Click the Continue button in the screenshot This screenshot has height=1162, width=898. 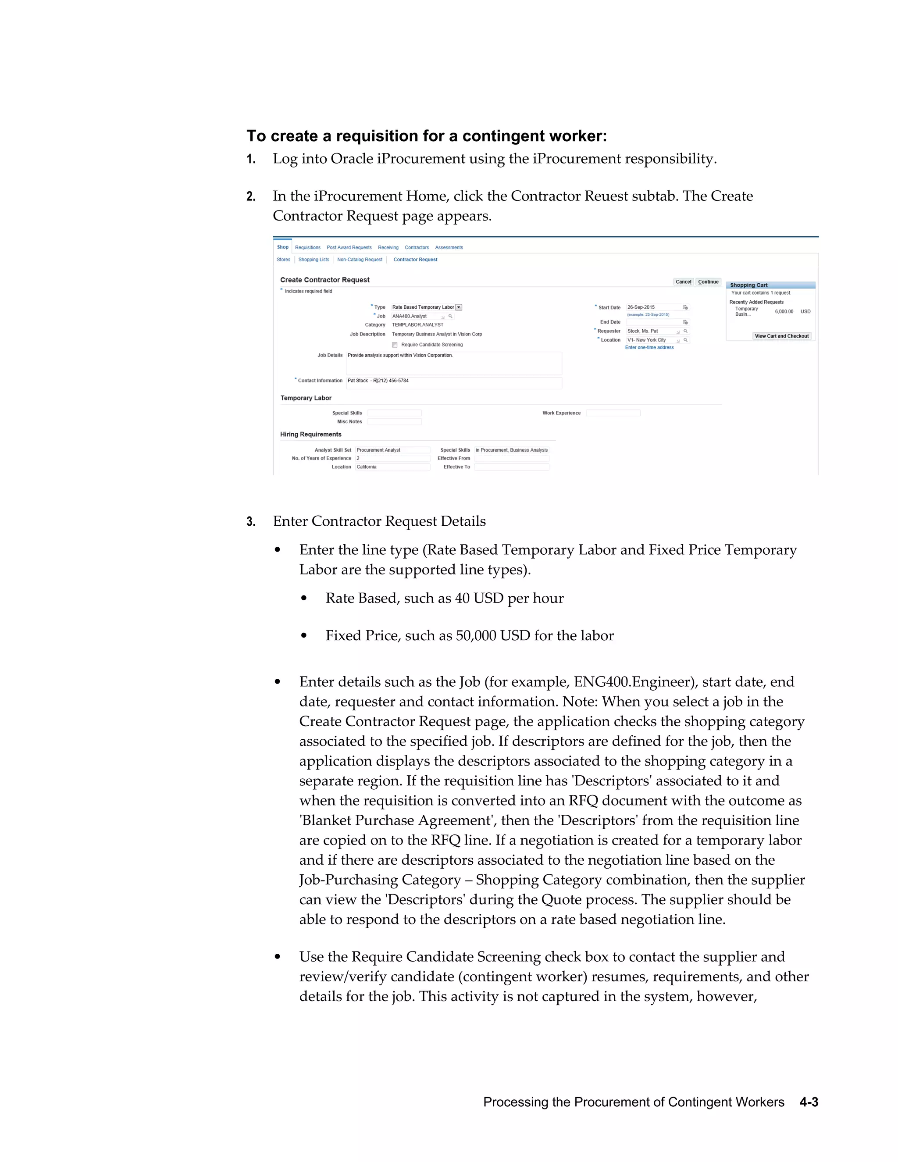tap(708, 282)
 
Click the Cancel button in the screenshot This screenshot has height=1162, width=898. tap(683, 282)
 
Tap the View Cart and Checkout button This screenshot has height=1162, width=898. tap(781, 336)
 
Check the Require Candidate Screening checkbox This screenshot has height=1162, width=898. tap(395, 345)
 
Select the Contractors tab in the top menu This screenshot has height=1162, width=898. tap(417, 247)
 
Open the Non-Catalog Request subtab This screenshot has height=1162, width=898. tap(360, 260)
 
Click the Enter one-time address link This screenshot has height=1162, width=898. tap(649, 347)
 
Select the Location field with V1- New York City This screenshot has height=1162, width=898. tap(651, 340)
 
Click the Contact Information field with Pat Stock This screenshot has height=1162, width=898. tap(453, 381)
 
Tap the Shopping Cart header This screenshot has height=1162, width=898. tap(770, 285)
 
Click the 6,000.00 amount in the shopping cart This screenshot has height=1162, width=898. tap(784, 312)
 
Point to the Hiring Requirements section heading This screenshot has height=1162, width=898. tap(311, 434)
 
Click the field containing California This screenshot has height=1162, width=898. tap(392, 467)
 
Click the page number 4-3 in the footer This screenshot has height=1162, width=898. tap(808, 1102)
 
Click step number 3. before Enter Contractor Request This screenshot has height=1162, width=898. tap(251, 522)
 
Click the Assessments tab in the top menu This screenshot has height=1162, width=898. tap(449, 247)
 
